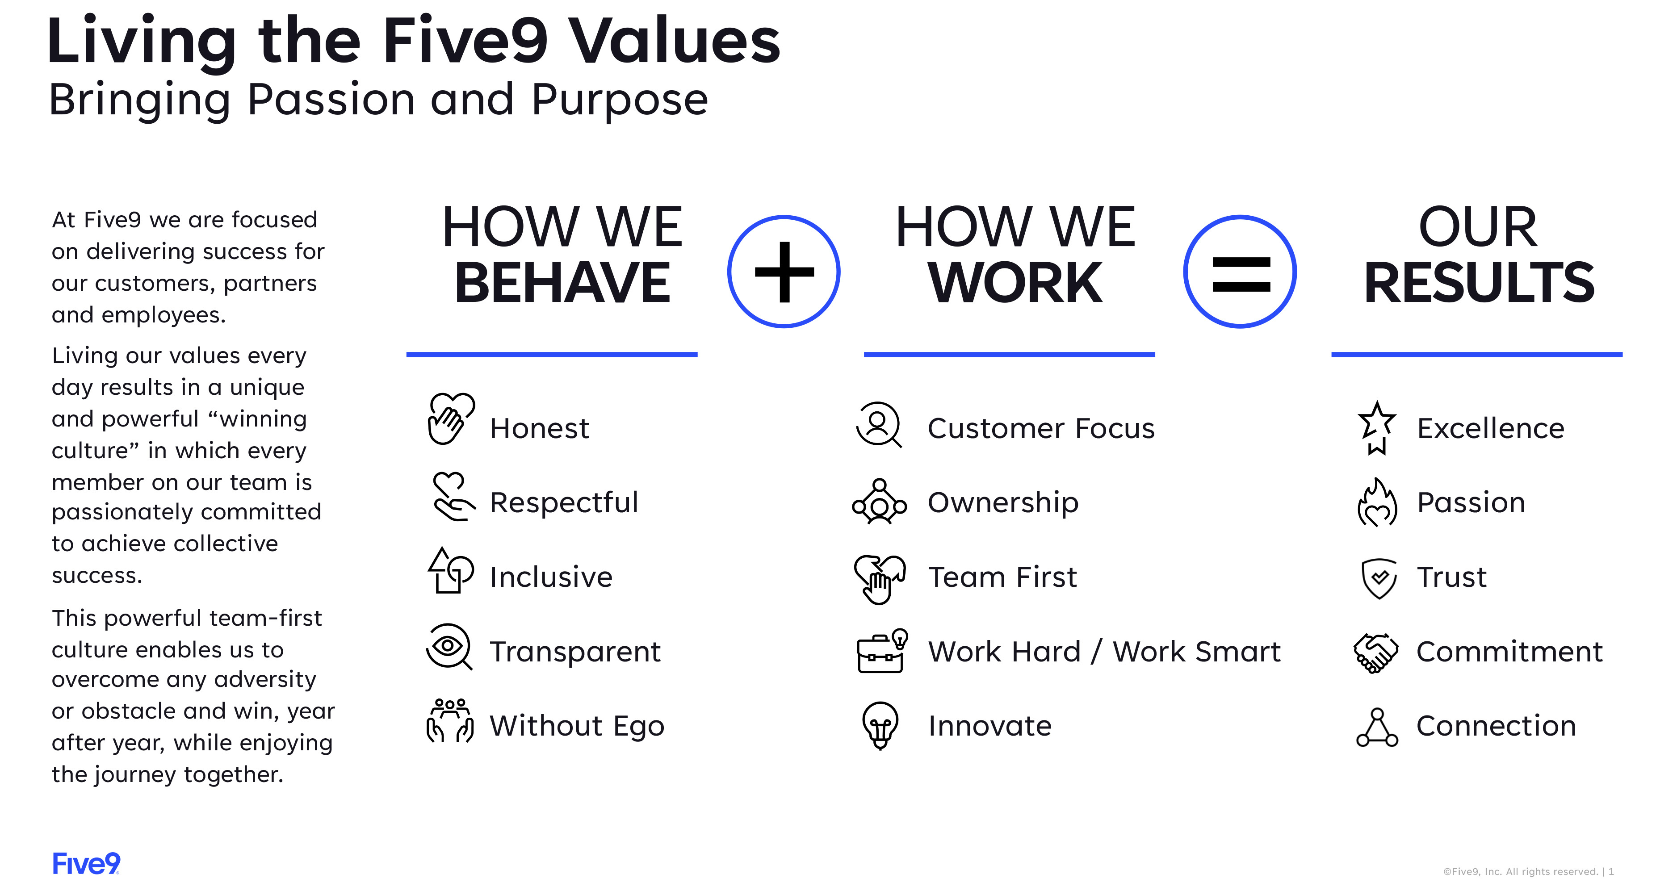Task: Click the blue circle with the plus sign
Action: click(783, 271)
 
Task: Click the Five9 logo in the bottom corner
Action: click(86, 863)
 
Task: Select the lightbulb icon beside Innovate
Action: click(880, 724)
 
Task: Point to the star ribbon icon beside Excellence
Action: click(1376, 427)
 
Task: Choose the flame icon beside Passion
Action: click(1377, 503)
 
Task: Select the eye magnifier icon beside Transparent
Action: click(449, 647)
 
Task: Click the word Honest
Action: click(539, 429)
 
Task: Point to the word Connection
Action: click(1496, 726)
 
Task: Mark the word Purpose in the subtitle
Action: click(619, 100)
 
